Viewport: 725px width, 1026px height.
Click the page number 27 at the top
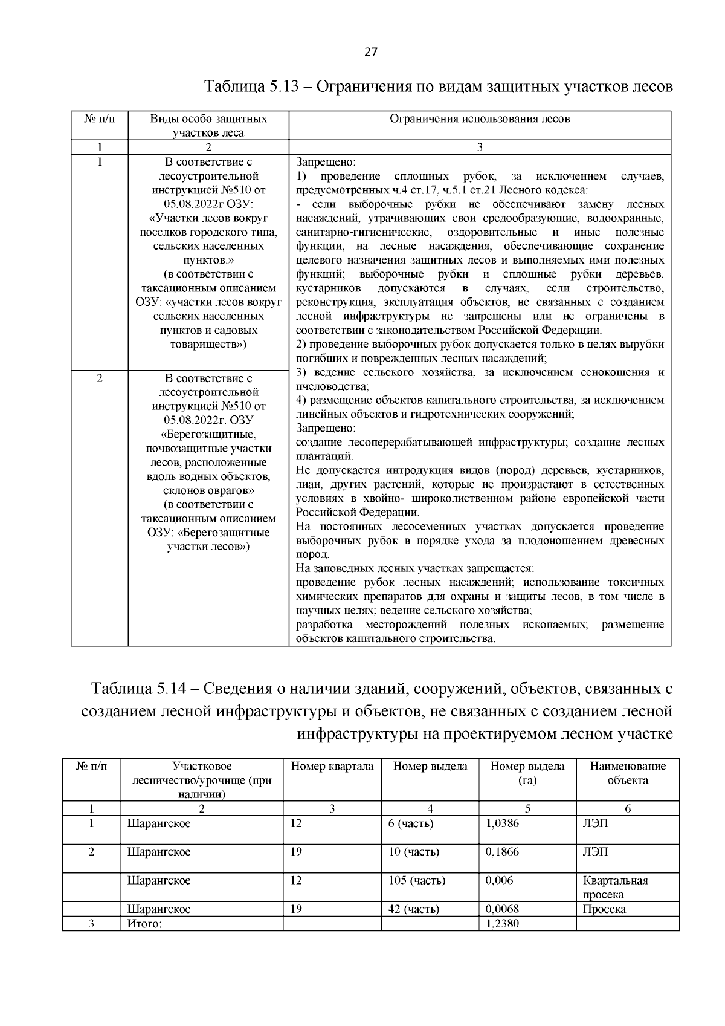click(x=370, y=52)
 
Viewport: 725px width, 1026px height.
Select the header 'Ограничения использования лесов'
click(x=480, y=119)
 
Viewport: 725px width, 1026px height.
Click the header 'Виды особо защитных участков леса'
click(x=208, y=126)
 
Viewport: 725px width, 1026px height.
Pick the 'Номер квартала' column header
click(x=332, y=767)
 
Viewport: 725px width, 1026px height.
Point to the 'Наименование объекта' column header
click(x=628, y=773)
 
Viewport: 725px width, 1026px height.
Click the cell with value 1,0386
click(x=502, y=823)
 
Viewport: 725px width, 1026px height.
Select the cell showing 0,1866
click(x=502, y=852)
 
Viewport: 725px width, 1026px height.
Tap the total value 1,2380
click(x=502, y=923)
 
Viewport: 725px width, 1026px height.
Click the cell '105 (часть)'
click(x=417, y=880)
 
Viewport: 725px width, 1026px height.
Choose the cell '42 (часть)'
click(x=414, y=909)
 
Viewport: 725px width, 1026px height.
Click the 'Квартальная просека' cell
click(x=615, y=887)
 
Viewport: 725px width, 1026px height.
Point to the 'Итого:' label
click(x=144, y=923)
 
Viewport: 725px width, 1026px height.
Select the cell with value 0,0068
click(x=502, y=909)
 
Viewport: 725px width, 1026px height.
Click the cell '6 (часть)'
click(x=411, y=823)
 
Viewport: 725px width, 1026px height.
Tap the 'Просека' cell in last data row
click(x=604, y=909)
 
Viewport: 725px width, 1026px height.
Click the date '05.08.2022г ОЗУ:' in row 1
click(x=208, y=204)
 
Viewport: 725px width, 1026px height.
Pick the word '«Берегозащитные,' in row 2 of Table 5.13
click(x=208, y=434)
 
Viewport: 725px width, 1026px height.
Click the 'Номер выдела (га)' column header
click(x=527, y=773)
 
